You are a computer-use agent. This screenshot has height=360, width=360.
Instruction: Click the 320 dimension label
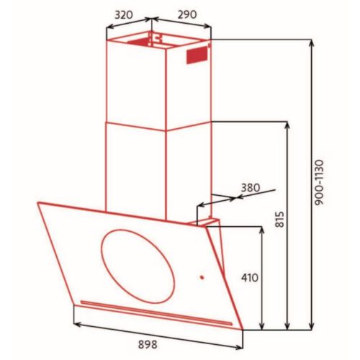tap(124, 15)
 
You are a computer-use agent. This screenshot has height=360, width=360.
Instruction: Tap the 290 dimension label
tap(187, 15)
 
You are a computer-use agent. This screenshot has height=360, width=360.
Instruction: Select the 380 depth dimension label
tap(251, 188)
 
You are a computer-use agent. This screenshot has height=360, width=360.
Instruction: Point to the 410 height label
tap(250, 278)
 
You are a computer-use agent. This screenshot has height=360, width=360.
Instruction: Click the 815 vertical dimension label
tap(280, 219)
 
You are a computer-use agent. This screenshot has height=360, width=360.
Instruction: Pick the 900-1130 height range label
tap(319, 182)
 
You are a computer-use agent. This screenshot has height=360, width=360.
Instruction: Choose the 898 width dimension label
tap(148, 345)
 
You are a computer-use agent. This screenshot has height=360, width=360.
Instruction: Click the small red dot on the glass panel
tap(202, 277)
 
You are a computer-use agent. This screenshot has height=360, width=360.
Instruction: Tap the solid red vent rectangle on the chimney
tap(197, 55)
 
